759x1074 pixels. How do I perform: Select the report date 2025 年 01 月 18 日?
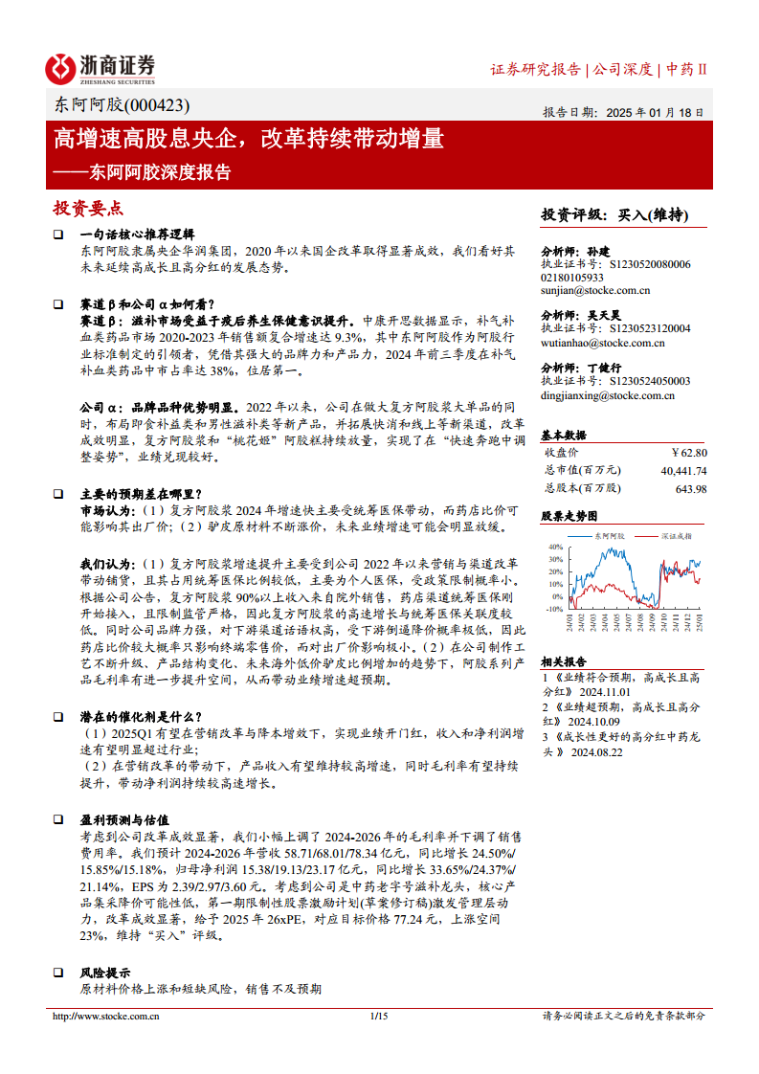coord(656,112)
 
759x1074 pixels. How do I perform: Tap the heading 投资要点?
coord(88,209)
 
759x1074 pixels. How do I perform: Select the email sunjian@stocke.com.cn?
coord(595,290)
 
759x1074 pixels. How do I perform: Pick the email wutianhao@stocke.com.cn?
coord(603,342)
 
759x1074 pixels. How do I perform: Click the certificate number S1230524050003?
coord(643,381)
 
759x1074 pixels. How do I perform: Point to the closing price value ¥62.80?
coord(689,452)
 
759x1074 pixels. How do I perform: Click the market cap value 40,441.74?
coord(683,470)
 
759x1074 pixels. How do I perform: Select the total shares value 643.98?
coord(691,488)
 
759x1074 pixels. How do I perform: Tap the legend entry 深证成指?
coord(675,537)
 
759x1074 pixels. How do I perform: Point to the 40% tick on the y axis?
coord(555,548)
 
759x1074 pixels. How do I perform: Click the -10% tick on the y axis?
coord(554,608)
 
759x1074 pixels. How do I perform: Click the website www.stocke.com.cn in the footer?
coord(106,1016)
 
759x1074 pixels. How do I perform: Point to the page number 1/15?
coord(378,1016)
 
